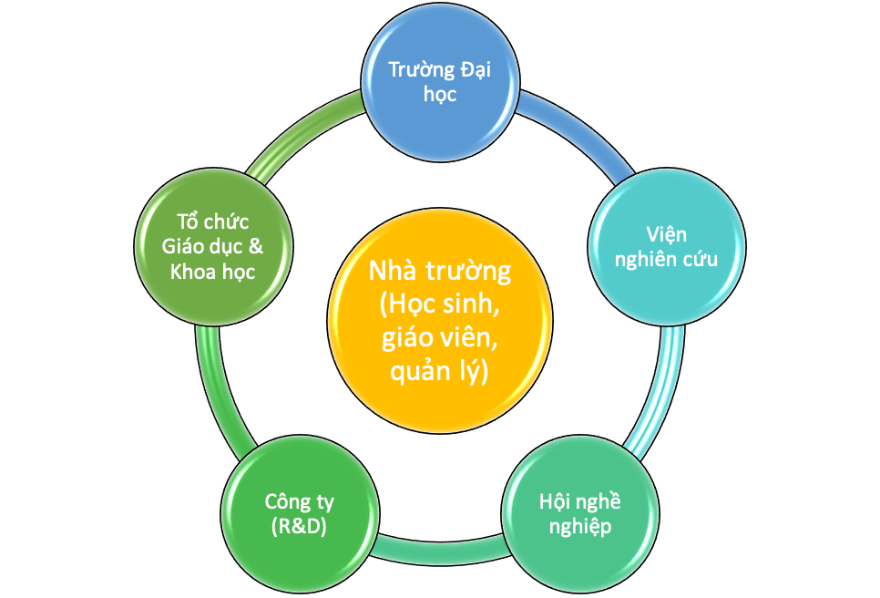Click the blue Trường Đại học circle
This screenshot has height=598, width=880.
440,83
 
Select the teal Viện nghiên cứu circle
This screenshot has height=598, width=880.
666,246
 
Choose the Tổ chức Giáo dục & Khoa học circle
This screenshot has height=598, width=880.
213,246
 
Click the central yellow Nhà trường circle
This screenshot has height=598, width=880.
440,320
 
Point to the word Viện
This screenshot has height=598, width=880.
666,234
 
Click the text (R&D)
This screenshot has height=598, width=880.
299,527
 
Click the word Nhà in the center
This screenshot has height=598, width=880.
393,271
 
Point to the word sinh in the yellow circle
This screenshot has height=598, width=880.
472,304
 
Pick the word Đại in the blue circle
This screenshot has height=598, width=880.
476,69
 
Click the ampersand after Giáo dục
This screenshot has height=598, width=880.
255,246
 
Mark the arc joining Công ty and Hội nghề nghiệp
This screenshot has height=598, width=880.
440,551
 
